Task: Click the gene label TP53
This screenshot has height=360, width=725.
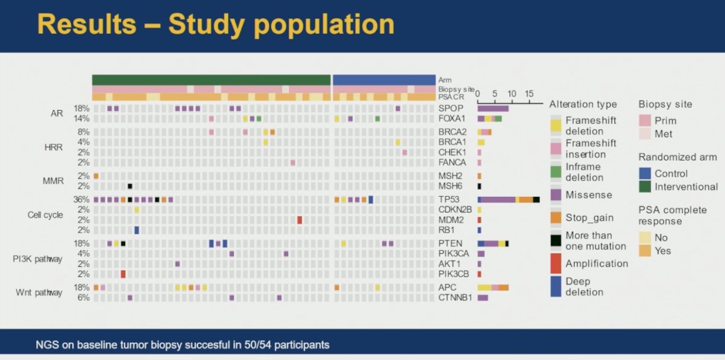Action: [x=448, y=199]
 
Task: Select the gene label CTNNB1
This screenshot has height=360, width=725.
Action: [x=455, y=297]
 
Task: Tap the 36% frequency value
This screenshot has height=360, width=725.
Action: [x=81, y=199]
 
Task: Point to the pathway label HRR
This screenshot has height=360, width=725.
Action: [x=53, y=147]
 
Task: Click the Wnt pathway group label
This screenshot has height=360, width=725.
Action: [x=39, y=293]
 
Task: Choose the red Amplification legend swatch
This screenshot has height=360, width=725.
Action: [x=556, y=263]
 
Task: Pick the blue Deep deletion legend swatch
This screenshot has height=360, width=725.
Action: [x=556, y=286]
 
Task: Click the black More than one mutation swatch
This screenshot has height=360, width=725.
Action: [x=556, y=240]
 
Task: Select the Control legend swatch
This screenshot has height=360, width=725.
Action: [x=645, y=173]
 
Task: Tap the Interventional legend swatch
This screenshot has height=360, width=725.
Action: [x=645, y=187]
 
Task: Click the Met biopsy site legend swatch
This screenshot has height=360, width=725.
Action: [x=645, y=133]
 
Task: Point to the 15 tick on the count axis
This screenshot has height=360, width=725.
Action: [x=529, y=94]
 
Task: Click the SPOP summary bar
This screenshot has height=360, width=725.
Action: [x=493, y=108]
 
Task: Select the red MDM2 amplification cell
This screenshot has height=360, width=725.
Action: [x=300, y=220]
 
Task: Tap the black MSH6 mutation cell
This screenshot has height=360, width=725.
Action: [x=130, y=186]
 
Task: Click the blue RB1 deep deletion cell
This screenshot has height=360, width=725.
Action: [x=137, y=230]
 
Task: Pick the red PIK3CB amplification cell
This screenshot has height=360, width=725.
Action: [x=123, y=274]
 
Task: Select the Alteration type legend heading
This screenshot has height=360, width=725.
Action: [x=583, y=104]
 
